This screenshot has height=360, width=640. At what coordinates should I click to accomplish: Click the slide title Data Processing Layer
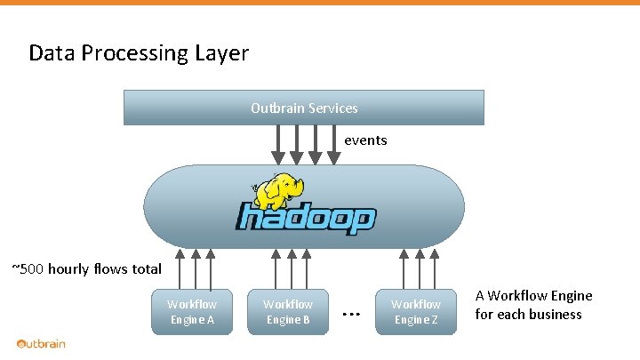coord(139,53)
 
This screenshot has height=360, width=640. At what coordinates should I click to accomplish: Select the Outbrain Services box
coord(304,108)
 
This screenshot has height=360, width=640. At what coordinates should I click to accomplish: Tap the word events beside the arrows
coord(365,140)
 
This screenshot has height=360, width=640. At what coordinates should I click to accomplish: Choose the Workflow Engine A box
coord(192,312)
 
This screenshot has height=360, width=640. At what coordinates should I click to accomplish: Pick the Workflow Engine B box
coord(288,312)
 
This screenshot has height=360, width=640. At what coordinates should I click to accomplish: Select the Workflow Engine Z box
coord(416,312)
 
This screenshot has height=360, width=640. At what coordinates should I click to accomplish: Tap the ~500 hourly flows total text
coord(86,268)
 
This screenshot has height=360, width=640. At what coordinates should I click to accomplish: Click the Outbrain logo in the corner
coord(41,344)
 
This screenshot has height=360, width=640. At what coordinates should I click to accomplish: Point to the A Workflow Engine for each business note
coord(533,305)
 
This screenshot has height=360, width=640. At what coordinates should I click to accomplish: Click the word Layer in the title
coord(222,53)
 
